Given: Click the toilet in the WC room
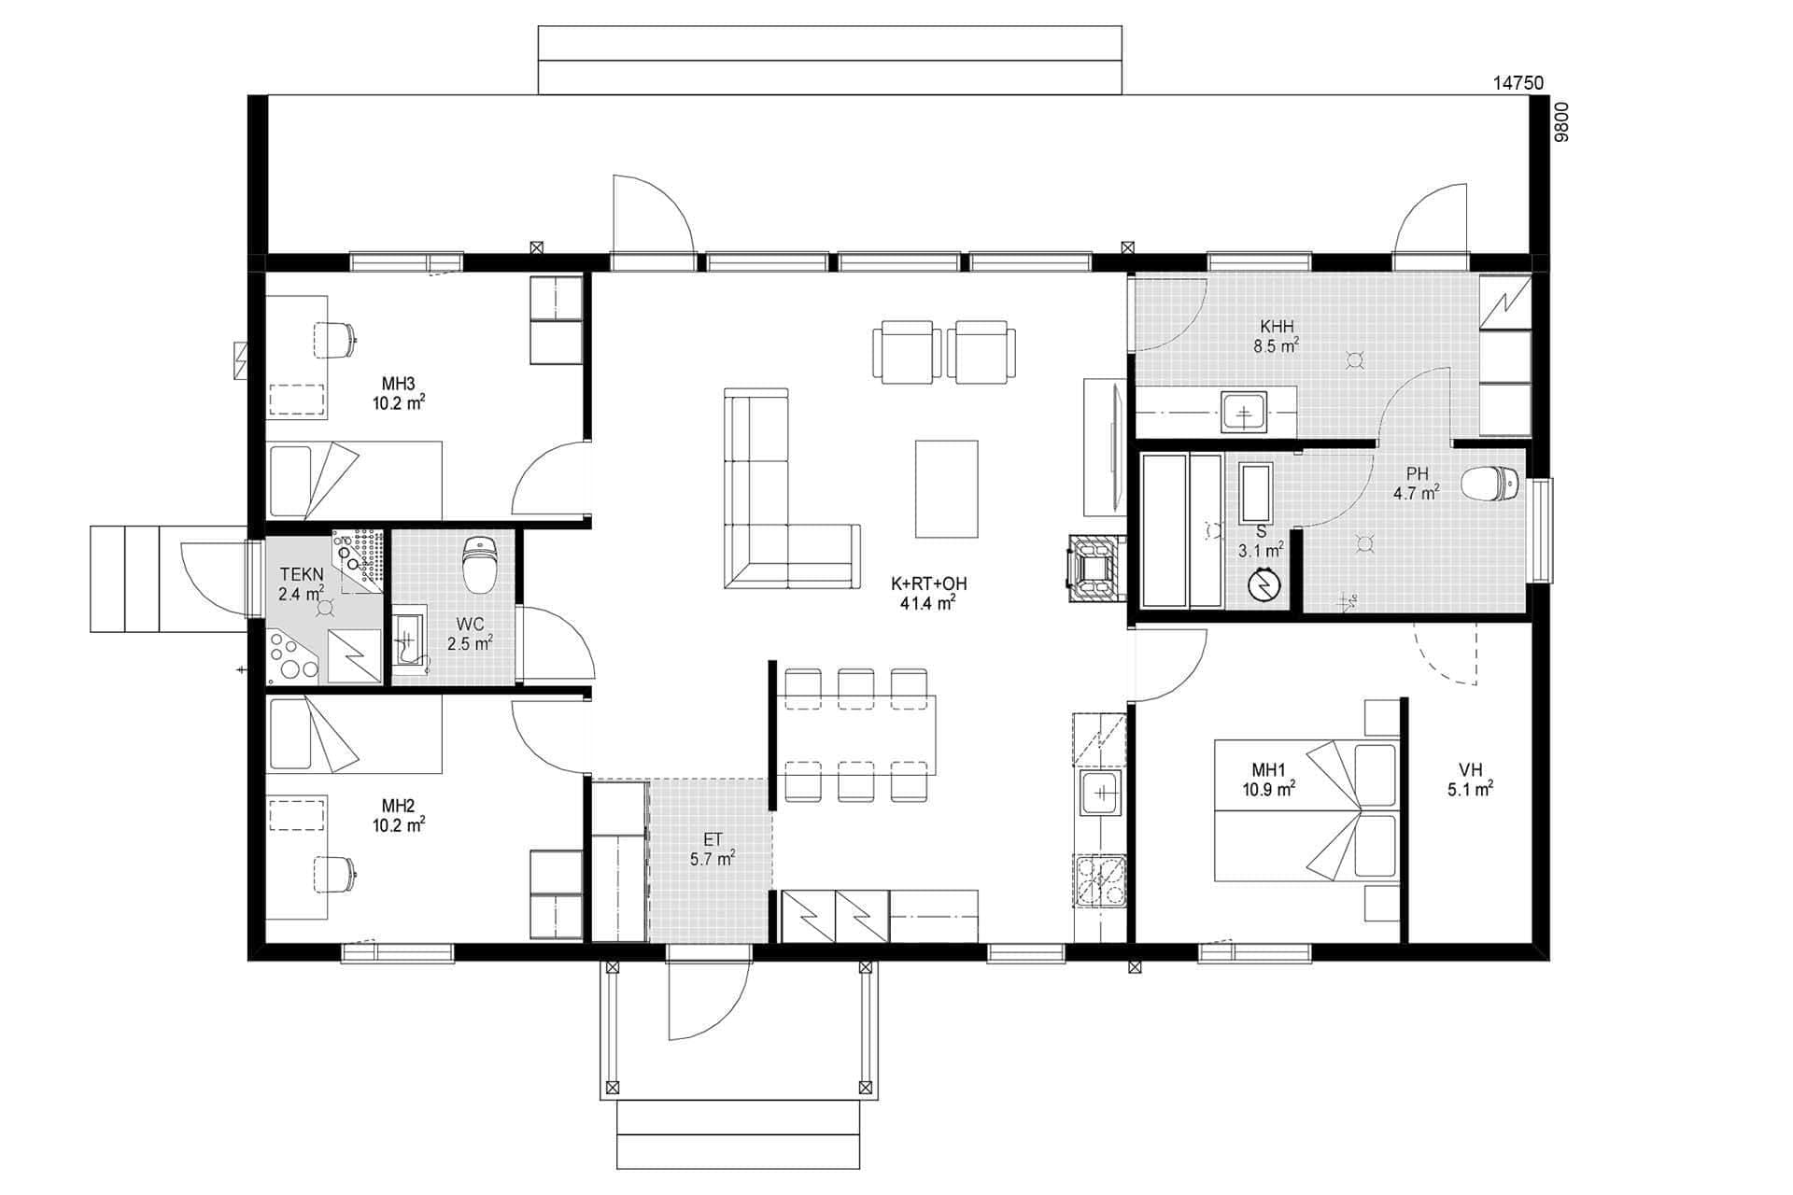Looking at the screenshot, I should (480, 566).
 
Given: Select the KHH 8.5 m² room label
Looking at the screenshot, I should (1277, 336).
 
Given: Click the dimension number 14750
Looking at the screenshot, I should (1518, 83).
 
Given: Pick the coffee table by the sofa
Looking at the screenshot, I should (946, 489).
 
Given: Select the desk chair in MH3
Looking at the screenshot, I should (333, 339).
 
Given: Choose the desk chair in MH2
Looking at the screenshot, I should (333, 873).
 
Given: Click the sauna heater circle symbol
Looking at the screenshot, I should (1264, 585).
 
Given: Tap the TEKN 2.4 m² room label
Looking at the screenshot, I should (302, 584).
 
